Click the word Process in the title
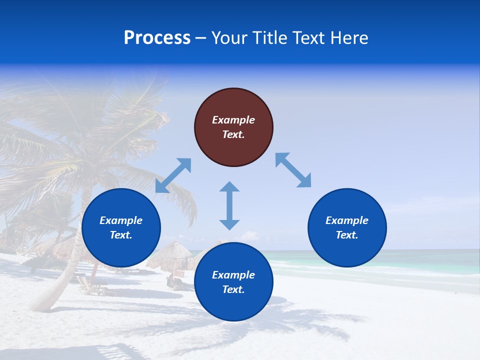coord(157,38)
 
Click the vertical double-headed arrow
coord(229,205)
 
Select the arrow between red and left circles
coord(173,175)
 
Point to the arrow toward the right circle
coord(293,170)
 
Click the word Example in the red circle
coord(233,120)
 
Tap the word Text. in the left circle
coord(121,235)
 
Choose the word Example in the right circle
coord(347,220)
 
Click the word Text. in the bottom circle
coord(233,289)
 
